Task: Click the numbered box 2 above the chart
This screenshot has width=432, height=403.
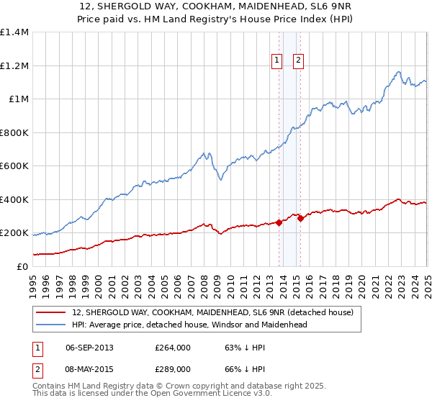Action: coord(297,61)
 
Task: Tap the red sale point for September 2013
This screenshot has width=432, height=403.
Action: coord(279,223)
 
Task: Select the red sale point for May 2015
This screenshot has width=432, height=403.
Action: coord(300,219)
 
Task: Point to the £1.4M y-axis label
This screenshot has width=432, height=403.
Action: coord(14,32)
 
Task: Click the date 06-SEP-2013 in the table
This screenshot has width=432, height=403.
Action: coord(89,348)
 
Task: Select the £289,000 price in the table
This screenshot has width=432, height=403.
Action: coord(172,369)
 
